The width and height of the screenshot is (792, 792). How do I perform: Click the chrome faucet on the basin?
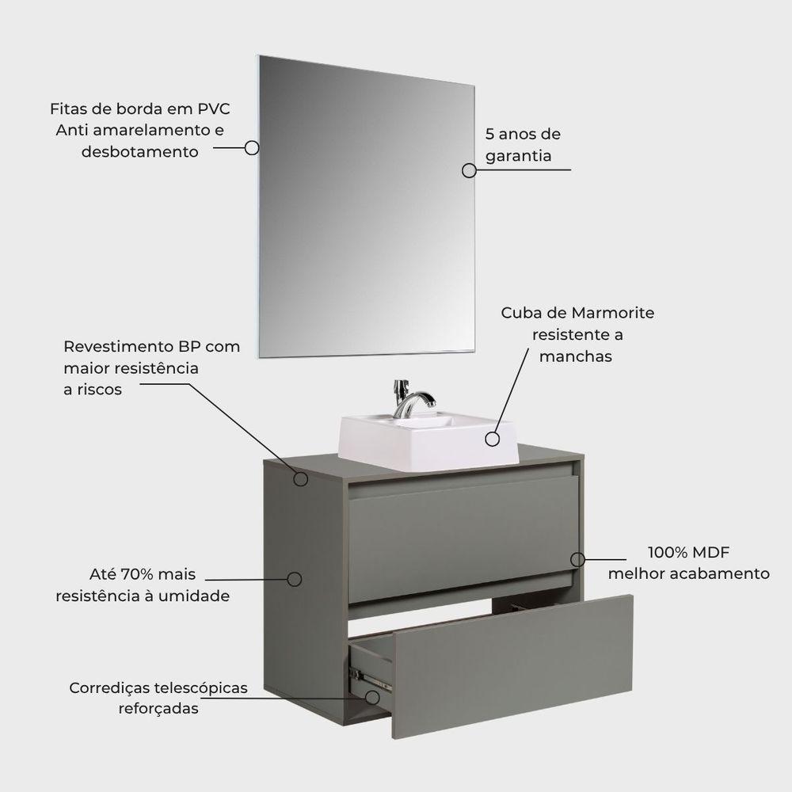click(x=412, y=399)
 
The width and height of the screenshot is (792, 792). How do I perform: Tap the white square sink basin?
click(x=428, y=439)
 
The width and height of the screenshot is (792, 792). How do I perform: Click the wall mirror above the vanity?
click(x=367, y=207)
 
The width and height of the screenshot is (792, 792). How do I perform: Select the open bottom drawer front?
click(x=511, y=667)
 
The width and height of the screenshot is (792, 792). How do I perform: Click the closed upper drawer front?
click(x=463, y=539)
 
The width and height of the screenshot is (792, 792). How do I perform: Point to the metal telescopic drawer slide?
click(x=370, y=677)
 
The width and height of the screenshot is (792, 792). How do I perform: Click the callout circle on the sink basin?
click(x=493, y=439)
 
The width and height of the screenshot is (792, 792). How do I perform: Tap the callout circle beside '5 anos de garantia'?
click(x=469, y=171)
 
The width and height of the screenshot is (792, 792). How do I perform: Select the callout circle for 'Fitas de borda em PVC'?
click(x=252, y=148)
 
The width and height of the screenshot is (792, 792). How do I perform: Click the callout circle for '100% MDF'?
click(x=578, y=560)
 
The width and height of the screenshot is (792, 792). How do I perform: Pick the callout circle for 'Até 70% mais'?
click(x=295, y=580)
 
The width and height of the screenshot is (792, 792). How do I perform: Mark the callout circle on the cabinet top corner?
click(x=300, y=479)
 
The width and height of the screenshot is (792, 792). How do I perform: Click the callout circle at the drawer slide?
click(x=372, y=698)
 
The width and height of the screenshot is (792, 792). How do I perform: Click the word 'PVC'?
click(x=214, y=109)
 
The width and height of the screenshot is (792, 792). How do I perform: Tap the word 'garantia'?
click(x=518, y=156)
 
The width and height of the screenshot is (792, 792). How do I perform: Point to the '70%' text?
click(x=137, y=574)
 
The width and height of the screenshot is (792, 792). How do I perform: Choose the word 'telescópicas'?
click(x=201, y=688)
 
